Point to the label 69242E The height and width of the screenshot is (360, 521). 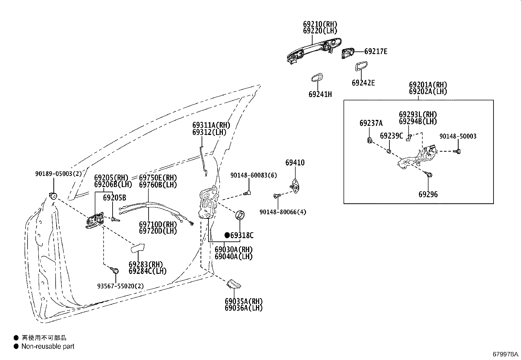(x=363, y=83)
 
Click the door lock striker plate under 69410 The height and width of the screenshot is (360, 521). (x=295, y=185)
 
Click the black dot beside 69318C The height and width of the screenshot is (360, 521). (x=227, y=235)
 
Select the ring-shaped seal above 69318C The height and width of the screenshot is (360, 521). (x=240, y=216)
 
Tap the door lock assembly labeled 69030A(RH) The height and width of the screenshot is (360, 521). (x=207, y=203)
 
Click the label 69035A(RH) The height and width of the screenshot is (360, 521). (x=243, y=301)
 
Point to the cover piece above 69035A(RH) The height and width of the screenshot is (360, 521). (x=233, y=284)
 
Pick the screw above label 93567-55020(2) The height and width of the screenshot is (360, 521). (x=115, y=270)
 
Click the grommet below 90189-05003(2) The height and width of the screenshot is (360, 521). (x=52, y=196)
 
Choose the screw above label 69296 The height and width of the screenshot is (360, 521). (x=429, y=175)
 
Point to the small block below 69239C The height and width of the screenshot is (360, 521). (x=389, y=151)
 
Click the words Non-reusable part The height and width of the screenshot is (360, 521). (x=48, y=346)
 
